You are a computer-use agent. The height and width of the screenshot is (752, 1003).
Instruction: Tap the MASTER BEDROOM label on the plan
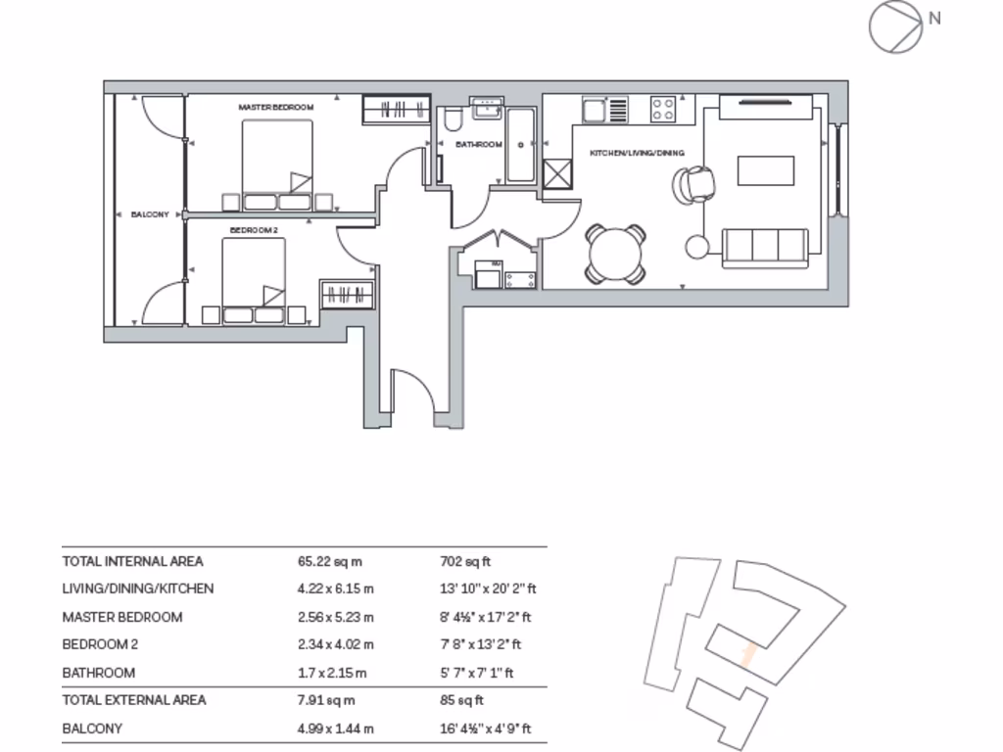(275, 106)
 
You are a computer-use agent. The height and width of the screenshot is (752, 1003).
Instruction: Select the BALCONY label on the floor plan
(151, 213)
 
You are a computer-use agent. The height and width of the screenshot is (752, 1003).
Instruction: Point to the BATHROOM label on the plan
(479, 144)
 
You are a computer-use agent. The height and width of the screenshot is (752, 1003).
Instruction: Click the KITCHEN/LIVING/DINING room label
(636, 153)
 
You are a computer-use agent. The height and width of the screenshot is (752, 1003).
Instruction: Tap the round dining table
(615, 254)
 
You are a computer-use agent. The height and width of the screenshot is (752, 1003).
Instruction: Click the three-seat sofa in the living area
(765, 248)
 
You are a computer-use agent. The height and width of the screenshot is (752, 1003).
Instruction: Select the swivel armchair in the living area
(694, 183)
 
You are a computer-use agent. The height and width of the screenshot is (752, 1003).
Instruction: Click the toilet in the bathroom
(453, 121)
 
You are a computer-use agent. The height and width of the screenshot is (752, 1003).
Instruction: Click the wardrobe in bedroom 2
(347, 295)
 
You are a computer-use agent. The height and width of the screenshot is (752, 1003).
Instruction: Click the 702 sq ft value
(465, 561)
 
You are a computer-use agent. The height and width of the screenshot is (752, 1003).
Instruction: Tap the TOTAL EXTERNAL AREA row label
(134, 700)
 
